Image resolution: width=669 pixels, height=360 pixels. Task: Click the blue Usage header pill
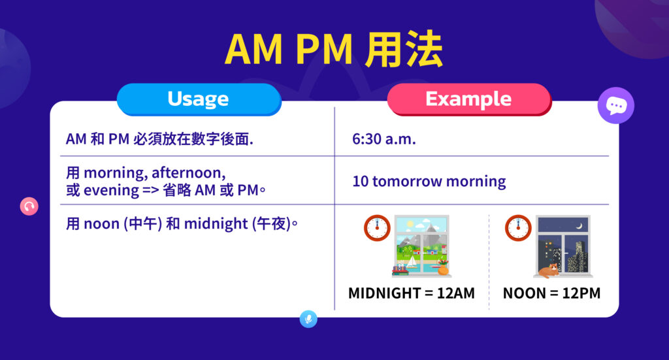[x=198, y=99]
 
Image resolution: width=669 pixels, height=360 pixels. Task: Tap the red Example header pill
[x=468, y=99]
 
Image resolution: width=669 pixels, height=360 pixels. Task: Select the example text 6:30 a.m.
[x=384, y=139]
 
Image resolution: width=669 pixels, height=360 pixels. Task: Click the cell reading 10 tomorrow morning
[x=429, y=181]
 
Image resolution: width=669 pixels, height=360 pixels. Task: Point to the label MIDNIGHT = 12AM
[x=411, y=293]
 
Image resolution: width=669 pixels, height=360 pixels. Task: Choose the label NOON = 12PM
[x=551, y=293]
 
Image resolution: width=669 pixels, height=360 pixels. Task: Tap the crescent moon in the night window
[x=579, y=226]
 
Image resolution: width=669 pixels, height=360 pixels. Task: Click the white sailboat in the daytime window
[x=412, y=260]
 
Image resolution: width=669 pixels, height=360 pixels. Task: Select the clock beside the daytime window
[x=377, y=227]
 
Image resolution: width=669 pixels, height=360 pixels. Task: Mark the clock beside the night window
[x=517, y=227]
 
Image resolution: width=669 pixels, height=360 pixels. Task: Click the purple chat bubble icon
[x=615, y=106]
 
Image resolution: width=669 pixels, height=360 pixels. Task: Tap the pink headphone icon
[x=29, y=206]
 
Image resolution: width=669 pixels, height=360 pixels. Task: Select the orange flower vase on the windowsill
[x=443, y=268]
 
